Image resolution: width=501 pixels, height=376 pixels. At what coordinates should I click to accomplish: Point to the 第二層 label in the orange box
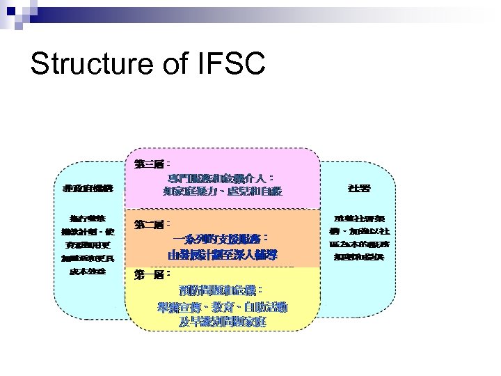click(148, 225)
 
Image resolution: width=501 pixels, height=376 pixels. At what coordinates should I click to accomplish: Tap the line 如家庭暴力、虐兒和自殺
click(223, 191)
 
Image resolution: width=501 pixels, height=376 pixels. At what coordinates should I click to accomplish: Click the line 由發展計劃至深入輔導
click(223, 255)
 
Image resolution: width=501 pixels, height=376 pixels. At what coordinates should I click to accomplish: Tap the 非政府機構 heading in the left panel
click(88, 189)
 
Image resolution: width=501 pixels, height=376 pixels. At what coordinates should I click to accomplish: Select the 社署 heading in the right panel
click(359, 189)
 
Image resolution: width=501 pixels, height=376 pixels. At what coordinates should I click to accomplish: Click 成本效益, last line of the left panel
click(88, 270)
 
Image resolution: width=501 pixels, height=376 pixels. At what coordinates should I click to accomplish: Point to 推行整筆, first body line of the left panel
click(88, 218)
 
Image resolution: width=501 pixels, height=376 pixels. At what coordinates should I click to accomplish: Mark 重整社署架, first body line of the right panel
click(359, 218)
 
